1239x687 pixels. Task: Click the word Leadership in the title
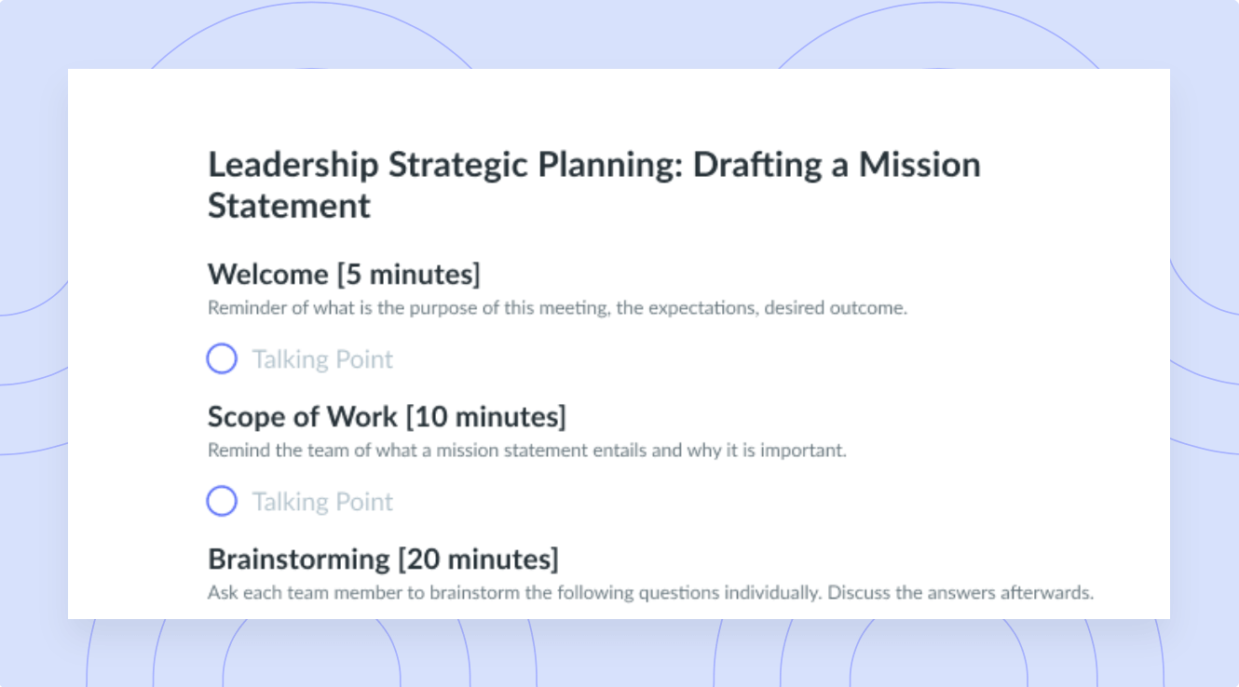click(x=293, y=166)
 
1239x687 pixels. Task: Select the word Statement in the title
click(x=289, y=206)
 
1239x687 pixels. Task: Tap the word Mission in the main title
click(x=919, y=165)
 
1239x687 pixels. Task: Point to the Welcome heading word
click(x=267, y=274)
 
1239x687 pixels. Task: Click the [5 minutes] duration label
click(x=409, y=275)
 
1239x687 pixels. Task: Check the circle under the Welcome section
click(x=222, y=358)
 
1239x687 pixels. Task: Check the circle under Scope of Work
click(x=222, y=501)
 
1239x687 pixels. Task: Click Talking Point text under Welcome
click(x=322, y=360)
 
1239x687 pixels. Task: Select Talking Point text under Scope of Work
click(x=322, y=503)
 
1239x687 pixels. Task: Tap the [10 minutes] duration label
click(x=486, y=417)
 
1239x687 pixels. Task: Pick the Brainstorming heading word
click(x=299, y=559)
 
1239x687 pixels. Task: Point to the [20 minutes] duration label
click(x=479, y=559)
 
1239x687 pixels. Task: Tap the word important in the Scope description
click(x=803, y=451)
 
